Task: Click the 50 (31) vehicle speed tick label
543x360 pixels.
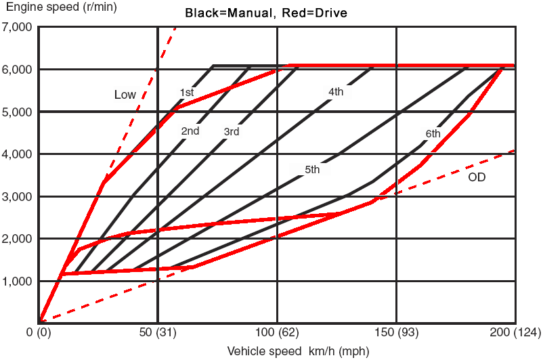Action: click(158, 332)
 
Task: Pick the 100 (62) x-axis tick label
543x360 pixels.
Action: click(277, 332)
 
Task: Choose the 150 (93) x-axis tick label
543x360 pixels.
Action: click(396, 332)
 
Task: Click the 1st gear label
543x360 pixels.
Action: click(188, 92)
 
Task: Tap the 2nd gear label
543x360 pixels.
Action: click(190, 131)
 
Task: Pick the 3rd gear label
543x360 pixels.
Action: click(231, 132)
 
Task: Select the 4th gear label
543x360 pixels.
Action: click(336, 91)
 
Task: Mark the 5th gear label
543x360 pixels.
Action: click(312, 170)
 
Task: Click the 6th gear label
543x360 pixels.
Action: click(433, 133)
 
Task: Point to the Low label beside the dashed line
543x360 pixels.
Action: click(125, 95)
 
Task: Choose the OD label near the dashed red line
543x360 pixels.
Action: click(477, 177)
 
